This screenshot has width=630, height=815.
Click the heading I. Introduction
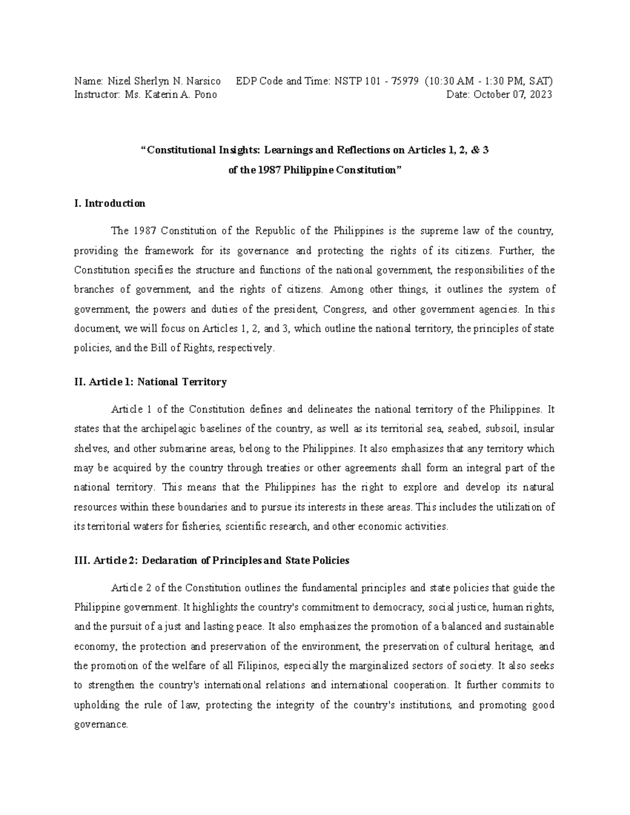click(110, 203)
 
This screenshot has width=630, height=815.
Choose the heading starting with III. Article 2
click(212, 560)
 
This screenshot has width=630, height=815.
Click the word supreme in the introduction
click(435, 231)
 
